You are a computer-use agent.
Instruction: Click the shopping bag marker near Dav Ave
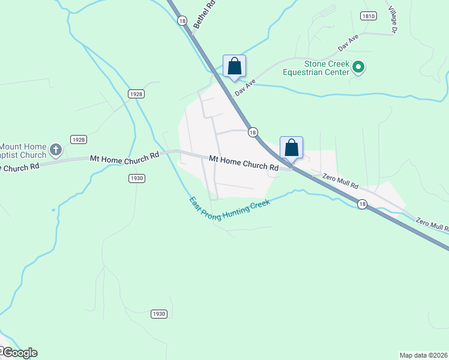pyautogui.click(x=234, y=66)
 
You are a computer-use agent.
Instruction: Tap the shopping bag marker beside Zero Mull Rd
pyautogui.click(x=291, y=148)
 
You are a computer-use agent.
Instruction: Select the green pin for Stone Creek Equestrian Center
pyautogui.click(x=358, y=67)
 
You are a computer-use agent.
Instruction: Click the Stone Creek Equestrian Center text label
pyautogui.click(x=318, y=68)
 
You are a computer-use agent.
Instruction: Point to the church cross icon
pyautogui.click(x=56, y=149)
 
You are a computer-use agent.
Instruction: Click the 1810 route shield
pyautogui.click(x=368, y=16)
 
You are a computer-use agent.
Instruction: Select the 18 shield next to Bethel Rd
pyautogui.click(x=182, y=20)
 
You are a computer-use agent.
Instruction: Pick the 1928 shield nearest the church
pyautogui.click(x=78, y=139)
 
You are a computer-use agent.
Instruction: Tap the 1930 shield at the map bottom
pyautogui.click(x=158, y=314)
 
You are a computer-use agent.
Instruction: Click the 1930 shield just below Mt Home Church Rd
pyautogui.click(x=137, y=178)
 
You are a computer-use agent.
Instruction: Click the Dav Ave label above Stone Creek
pyautogui.click(x=348, y=43)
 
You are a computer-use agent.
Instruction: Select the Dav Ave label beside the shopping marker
pyautogui.click(x=246, y=89)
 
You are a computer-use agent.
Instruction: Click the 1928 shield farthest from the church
pyautogui.click(x=136, y=94)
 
